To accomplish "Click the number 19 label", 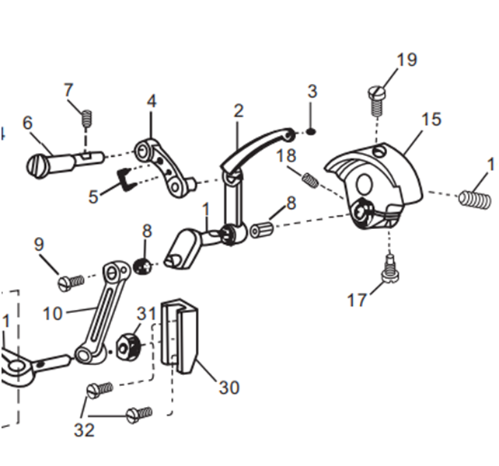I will point(406,61).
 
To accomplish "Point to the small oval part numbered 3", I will point(311,130).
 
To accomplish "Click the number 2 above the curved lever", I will point(239,111).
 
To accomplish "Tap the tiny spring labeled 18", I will point(310,180).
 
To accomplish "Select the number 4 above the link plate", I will point(151,102).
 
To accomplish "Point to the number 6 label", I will point(28,123).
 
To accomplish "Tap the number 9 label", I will point(39,245).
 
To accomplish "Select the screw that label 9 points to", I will point(72,280).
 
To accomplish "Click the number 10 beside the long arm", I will point(53,315).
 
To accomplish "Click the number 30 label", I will point(229,387).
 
